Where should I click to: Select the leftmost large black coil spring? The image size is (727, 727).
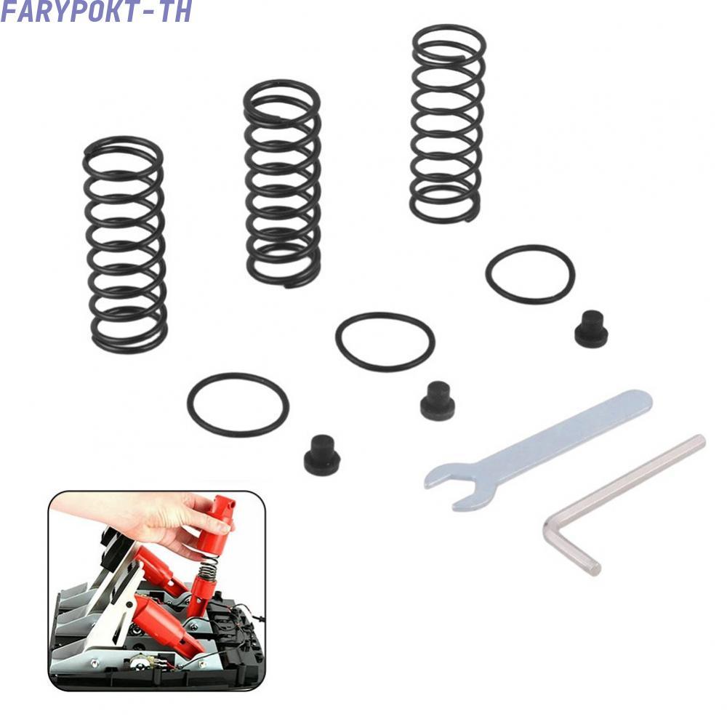pos(125,245)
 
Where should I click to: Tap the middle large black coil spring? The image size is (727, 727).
pos(282,184)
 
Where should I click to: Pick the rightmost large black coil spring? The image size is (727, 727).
pos(447,124)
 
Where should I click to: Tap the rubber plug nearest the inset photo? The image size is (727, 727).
pos(322,455)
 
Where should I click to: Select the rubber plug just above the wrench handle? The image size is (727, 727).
pos(590,329)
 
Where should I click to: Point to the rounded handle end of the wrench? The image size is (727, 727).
pos(640,401)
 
